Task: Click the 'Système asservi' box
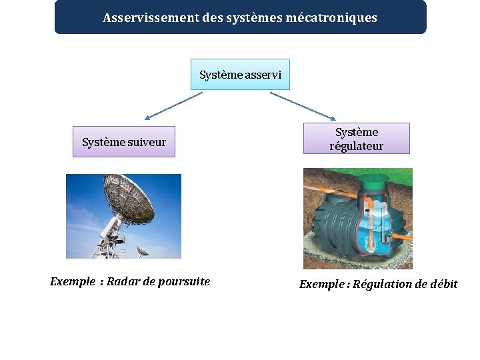[240, 75]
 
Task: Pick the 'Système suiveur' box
[123, 142]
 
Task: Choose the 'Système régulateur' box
[356, 139]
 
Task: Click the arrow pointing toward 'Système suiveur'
[172, 105]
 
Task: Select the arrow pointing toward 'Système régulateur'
[303, 105]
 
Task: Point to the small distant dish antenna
[143, 250]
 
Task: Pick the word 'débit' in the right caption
[443, 285]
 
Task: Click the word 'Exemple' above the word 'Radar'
[73, 281]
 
